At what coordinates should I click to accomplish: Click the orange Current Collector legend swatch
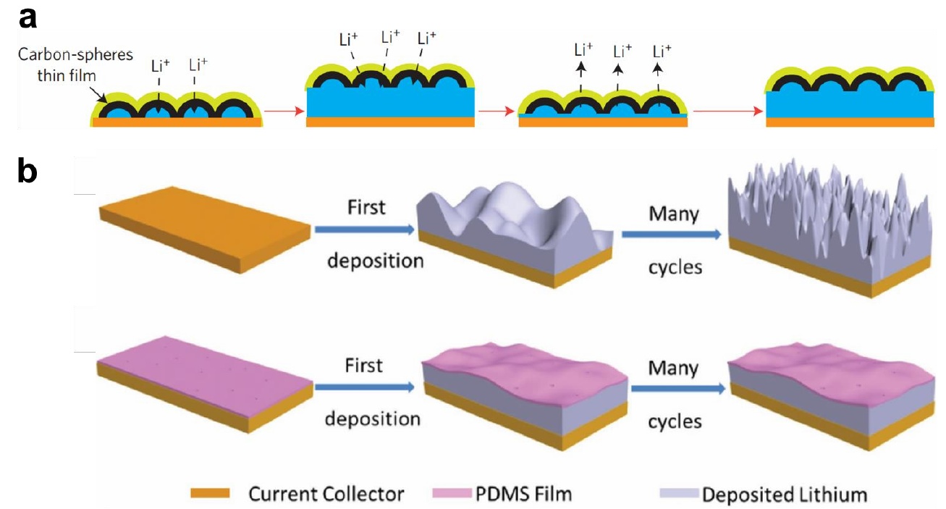tap(210, 494)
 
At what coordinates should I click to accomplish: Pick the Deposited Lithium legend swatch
tap(680, 494)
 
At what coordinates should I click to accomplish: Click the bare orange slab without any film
tap(206, 230)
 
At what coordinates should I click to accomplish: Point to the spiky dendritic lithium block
tap(833, 232)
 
